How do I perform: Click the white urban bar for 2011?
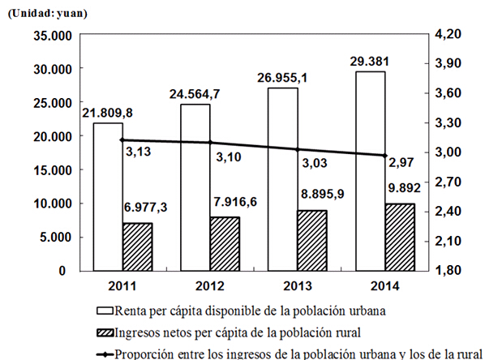point(108,197)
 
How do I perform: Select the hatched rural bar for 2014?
point(400,238)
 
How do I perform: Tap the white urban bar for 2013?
point(283,180)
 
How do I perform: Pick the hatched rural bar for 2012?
point(225,244)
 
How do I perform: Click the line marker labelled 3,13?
point(122,139)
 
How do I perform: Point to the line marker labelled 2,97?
point(385,156)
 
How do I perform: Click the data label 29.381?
point(369,62)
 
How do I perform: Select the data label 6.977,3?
point(145,207)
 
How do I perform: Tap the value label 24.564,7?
point(195,94)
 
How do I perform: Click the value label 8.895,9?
point(323,194)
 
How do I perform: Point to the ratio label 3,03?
point(315,163)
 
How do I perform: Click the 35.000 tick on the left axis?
point(53,36)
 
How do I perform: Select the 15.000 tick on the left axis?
point(53,170)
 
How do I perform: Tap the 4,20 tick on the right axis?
point(448,34)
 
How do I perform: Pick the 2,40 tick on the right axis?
point(448,212)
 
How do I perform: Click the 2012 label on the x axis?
point(210,286)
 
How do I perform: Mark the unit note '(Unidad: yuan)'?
point(47,14)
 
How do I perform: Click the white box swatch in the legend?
point(105,311)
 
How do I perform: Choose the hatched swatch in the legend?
point(105,333)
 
